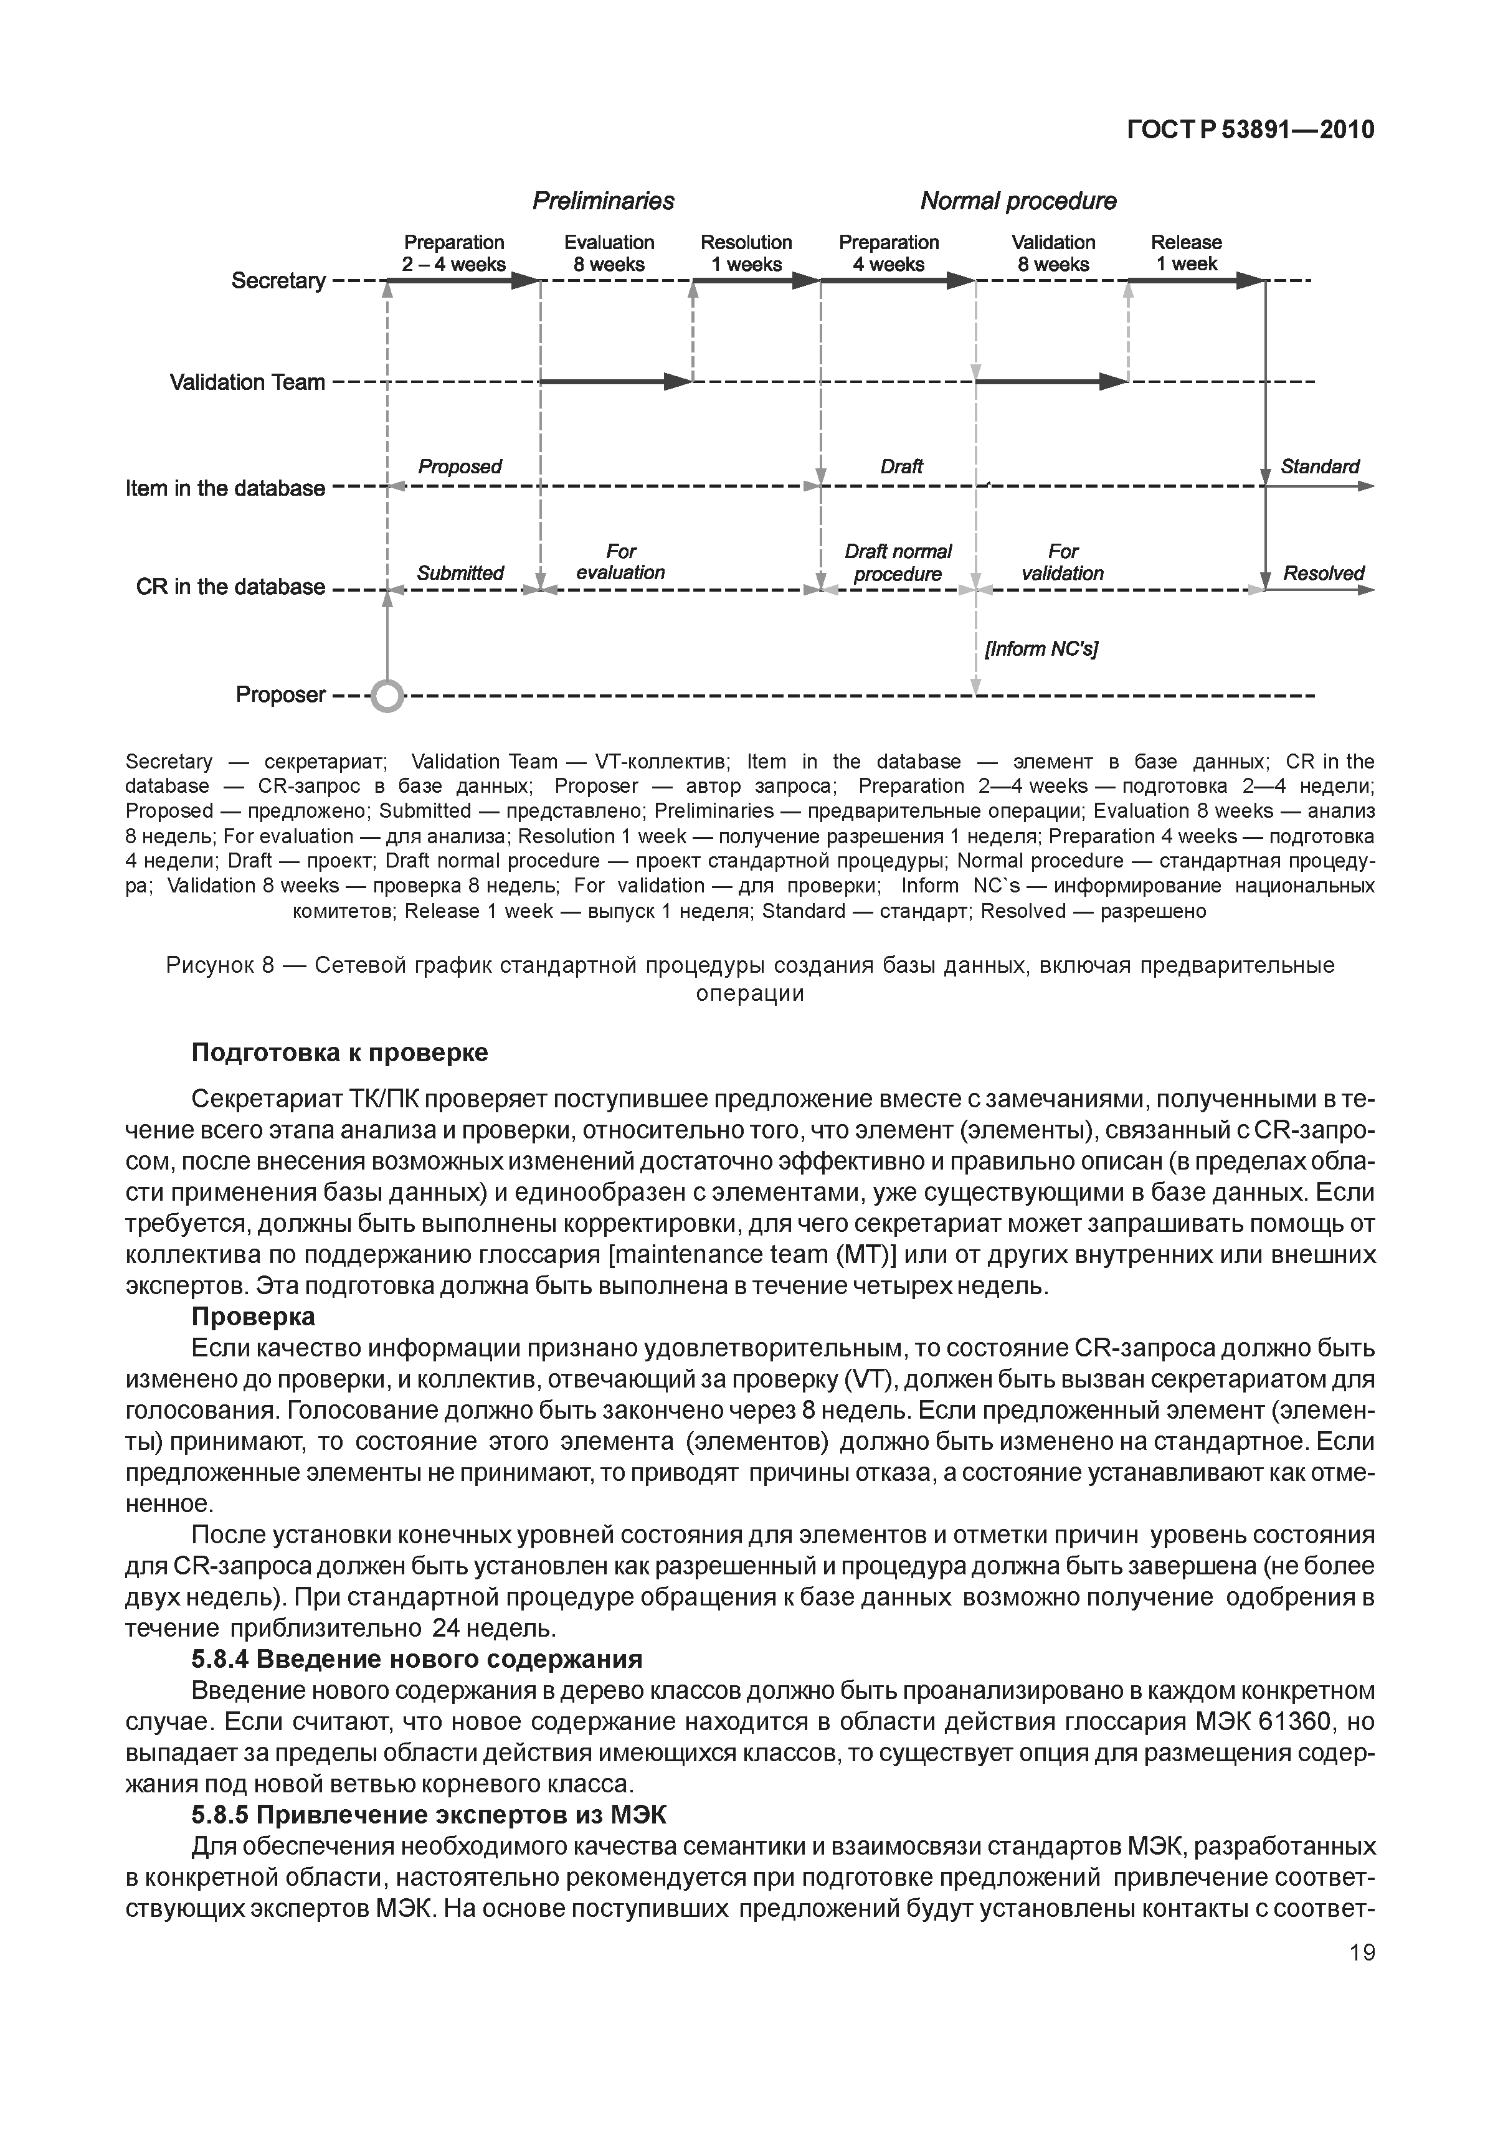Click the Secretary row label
click(x=278, y=281)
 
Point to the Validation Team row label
click(x=247, y=382)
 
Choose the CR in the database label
click(x=230, y=587)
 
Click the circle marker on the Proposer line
click(x=387, y=695)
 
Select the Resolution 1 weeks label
click(x=746, y=253)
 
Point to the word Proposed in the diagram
click(x=459, y=466)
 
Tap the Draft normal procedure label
click(x=898, y=563)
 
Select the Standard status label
click(x=1319, y=466)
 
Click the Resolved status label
click(x=1323, y=573)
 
